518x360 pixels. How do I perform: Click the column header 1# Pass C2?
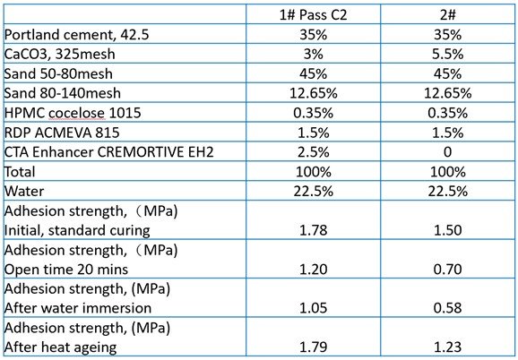(x=313, y=15)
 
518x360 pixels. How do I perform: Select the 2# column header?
(x=447, y=15)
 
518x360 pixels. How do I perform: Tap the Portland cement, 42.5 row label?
(x=76, y=35)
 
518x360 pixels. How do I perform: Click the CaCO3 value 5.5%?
(x=447, y=54)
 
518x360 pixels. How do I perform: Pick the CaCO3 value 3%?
(x=313, y=54)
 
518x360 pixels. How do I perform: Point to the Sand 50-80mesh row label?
(x=58, y=73)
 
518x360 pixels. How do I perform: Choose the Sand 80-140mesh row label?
(x=62, y=93)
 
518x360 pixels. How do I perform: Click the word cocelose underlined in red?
(x=77, y=113)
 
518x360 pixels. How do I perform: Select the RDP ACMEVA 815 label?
(x=62, y=133)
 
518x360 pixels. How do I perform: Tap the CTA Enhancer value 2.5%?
(x=313, y=152)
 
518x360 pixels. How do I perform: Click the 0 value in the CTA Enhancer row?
(x=447, y=152)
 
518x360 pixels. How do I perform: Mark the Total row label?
(x=20, y=172)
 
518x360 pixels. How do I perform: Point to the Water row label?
(x=24, y=192)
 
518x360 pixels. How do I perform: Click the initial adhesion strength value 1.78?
(x=313, y=230)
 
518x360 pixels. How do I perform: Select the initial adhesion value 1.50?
(x=447, y=230)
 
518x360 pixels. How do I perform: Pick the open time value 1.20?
(x=313, y=270)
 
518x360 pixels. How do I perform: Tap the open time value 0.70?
(x=447, y=270)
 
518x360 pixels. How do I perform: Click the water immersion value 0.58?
(x=447, y=308)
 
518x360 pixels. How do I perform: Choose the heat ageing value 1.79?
(x=313, y=347)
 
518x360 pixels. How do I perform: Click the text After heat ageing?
(x=60, y=347)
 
